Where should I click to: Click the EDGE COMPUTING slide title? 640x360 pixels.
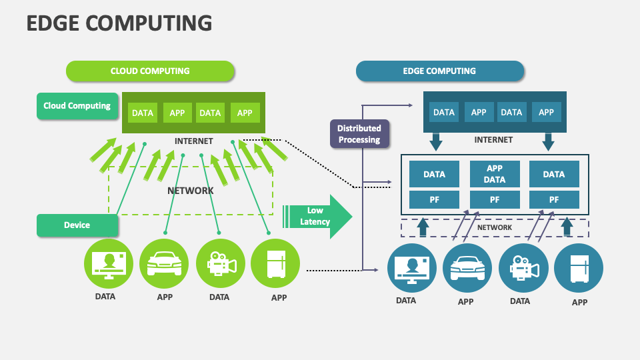tap(119, 23)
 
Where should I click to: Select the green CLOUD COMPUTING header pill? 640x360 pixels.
tap(150, 71)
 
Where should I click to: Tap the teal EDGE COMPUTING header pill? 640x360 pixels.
tap(439, 71)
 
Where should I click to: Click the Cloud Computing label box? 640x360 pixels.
tap(77, 106)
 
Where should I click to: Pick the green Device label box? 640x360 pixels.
tap(77, 225)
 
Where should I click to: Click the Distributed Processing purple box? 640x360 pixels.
tap(359, 134)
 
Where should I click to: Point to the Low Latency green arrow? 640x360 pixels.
tap(317, 216)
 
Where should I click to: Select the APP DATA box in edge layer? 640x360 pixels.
tap(495, 174)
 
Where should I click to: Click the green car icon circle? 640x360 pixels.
tap(164, 263)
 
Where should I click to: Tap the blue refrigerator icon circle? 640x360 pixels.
tap(579, 268)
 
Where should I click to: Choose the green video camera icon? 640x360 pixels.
tap(221, 263)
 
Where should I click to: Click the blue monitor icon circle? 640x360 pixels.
tap(412, 268)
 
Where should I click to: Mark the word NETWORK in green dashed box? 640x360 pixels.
tap(190, 191)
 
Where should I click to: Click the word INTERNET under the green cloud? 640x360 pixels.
tap(193, 141)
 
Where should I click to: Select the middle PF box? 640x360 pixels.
tap(495, 199)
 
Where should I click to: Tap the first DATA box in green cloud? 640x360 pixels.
tap(143, 113)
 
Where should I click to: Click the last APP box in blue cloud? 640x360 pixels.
tap(546, 113)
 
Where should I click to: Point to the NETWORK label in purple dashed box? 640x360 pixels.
tap(495, 228)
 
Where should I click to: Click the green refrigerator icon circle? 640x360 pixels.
tap(275, 263)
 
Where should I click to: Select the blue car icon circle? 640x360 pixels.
tap(467, 268)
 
